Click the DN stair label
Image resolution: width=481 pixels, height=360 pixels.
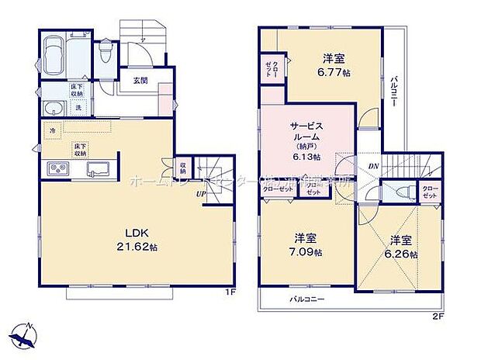pyautogui.click(x=373, y=166)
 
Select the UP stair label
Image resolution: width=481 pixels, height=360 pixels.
pyautogui.click(x=200, y=194)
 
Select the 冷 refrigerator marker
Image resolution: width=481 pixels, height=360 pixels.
pyautogui.click(x=51, y=131)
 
